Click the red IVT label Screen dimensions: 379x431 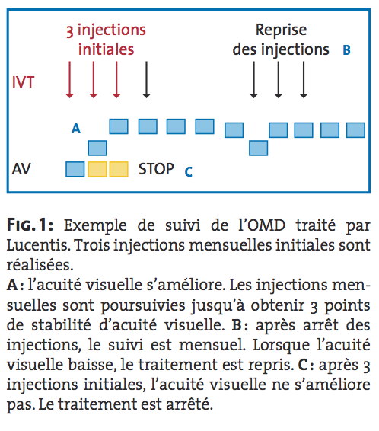pyautogui.click(x=23, y=82)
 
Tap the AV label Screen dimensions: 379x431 pyautogui.click(x=21, y=169)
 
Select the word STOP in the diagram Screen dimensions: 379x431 pyautogui.click(x=156, y=169)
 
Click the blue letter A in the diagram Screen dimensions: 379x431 pyautogui.click(x=76, y=129)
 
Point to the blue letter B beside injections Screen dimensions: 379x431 pyautogui.click(x=346, y=50)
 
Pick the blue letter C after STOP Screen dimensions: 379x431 pyautogui.click(x=189, y=172)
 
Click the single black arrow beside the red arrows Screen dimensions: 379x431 pyautogui.click(x=146, y=79)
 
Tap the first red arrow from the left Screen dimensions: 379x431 pyautogui.click(x=69, y=79)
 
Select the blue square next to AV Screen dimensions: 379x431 pyautogui.click(x=75, y=169)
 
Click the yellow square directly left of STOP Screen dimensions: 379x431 pyautogui.click(x=119, y=169)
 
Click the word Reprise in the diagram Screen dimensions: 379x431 pyautogui.click(x=282, y=30)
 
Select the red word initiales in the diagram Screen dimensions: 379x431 pyautogui.click(x=107, y=49)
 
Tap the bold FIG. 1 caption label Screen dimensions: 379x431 pyautogui.click(x=30, y=225)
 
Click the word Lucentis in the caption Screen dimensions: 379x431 pyautogui.click(x=38, y=245)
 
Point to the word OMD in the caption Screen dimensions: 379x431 pyautogui.click(x=266, y=225)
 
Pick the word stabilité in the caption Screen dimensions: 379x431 pyautogui.click(x=61, y=325)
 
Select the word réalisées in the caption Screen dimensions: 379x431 pyautogui.click(x=40, y=265)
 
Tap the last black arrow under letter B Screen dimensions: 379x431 pyautogui.click(x=304, y=79)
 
